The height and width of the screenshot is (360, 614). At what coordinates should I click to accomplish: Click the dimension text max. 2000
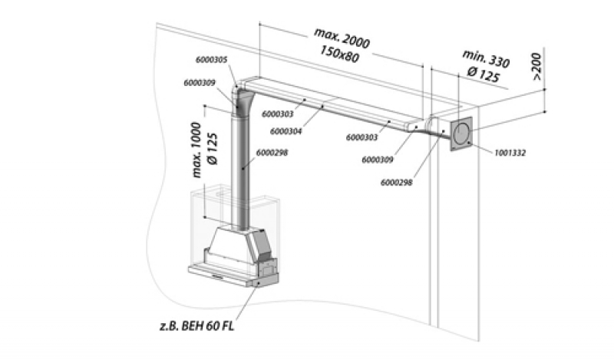click(342, 38)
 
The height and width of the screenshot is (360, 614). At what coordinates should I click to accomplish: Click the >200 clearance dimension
click(536, 67)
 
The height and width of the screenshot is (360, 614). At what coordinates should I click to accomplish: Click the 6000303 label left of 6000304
click(278, 114)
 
